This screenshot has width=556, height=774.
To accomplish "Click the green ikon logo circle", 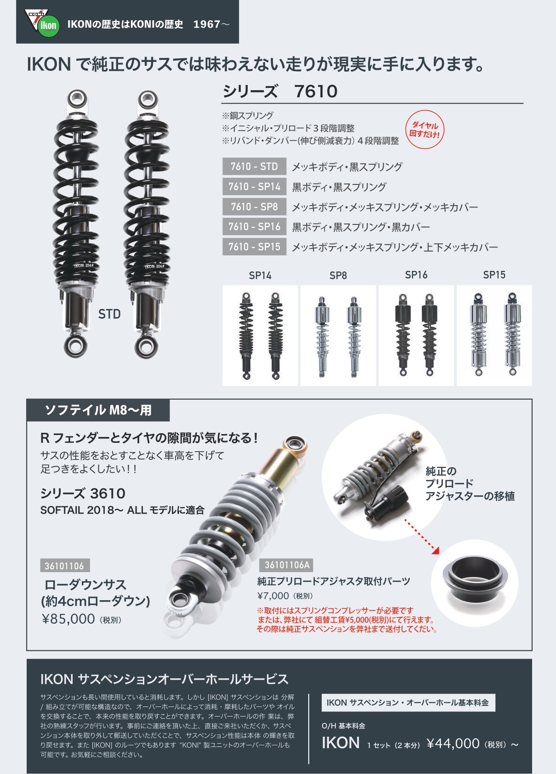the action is point(49,25).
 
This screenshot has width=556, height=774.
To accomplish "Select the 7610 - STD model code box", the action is point(254,166).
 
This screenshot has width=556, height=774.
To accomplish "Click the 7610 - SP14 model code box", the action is point(254,187).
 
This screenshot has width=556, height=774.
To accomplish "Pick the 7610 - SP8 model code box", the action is point(254,206).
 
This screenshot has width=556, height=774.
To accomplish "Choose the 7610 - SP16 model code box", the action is point(254,227).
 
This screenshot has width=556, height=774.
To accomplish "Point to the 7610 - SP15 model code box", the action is point(254,247).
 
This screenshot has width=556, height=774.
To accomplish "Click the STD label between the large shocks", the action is point(109,314).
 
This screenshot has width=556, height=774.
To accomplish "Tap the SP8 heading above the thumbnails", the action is point(338,275).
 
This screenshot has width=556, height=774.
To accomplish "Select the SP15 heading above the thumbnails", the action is point(494,275).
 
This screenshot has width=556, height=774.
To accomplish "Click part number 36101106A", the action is point(286,565).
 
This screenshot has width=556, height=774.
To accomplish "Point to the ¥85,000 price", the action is point(68,619).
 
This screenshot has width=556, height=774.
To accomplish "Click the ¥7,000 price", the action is point(273,596).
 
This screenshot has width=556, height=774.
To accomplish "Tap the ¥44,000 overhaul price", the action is point(453,743).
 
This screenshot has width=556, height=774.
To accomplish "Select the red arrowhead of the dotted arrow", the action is point(436,550).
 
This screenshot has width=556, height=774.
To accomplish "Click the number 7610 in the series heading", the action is point(316,92).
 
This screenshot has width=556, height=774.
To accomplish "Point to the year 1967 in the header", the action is point(207,24).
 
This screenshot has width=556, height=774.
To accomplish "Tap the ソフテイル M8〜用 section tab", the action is point(98,410).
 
